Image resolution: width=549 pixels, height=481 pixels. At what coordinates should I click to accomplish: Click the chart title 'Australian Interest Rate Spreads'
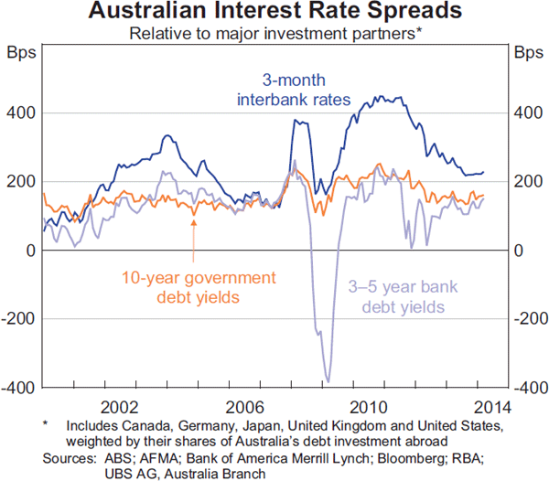[274, 13]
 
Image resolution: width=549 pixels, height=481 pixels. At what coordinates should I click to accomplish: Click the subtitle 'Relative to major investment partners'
[273, 34]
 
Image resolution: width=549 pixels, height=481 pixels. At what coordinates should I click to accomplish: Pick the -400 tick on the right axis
[527, 388]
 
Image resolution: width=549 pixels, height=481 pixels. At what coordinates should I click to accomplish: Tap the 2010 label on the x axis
[367, 406]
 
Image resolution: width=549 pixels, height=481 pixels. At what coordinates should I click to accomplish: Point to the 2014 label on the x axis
[491, 406]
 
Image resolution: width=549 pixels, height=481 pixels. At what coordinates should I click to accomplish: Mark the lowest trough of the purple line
[328, 381]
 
